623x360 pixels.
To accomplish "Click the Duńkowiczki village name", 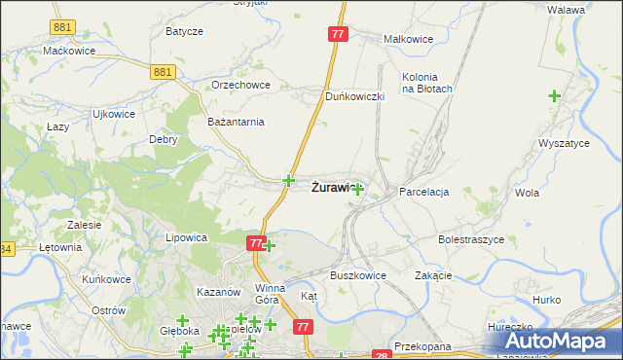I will (x=355, y=96).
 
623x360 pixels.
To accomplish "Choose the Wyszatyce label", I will (x=564, y=143).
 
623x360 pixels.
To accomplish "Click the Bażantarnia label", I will (x=236, y=122).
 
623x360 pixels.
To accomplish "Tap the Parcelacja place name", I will (x=423, y=192).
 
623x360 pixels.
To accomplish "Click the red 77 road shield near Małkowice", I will (x=338, y=34).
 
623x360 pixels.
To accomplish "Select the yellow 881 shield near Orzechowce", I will (x=163, y=71).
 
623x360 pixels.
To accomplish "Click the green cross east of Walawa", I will (x=554, y=96).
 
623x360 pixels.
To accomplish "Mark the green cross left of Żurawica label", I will (x=288, y=180).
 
